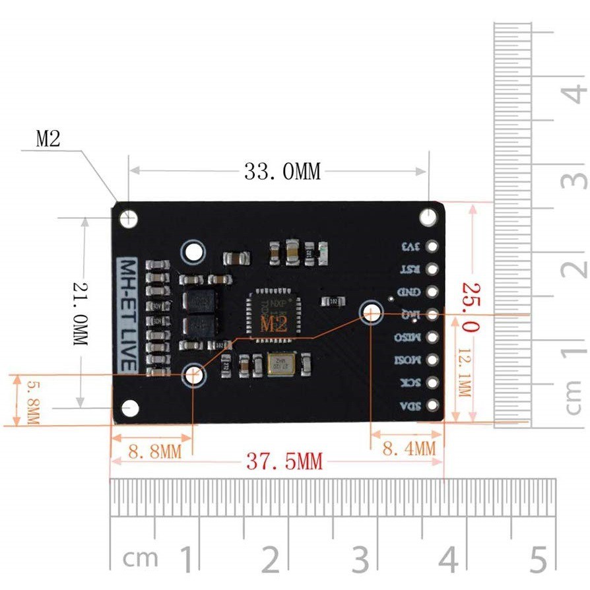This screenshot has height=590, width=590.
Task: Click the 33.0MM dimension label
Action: (282, 172)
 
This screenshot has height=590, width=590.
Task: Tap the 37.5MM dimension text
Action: (285, 461)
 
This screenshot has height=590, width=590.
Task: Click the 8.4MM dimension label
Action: (409, 449)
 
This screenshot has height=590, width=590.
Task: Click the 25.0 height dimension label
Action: (471, 308)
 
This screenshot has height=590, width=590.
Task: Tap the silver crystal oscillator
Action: (283, 364)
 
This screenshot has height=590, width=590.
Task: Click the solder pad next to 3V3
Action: (433, 246)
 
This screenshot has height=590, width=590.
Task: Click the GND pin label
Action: (408, 292)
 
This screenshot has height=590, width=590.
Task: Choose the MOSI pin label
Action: (407, 360)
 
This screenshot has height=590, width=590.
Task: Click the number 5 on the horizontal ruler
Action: (538, 560)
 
